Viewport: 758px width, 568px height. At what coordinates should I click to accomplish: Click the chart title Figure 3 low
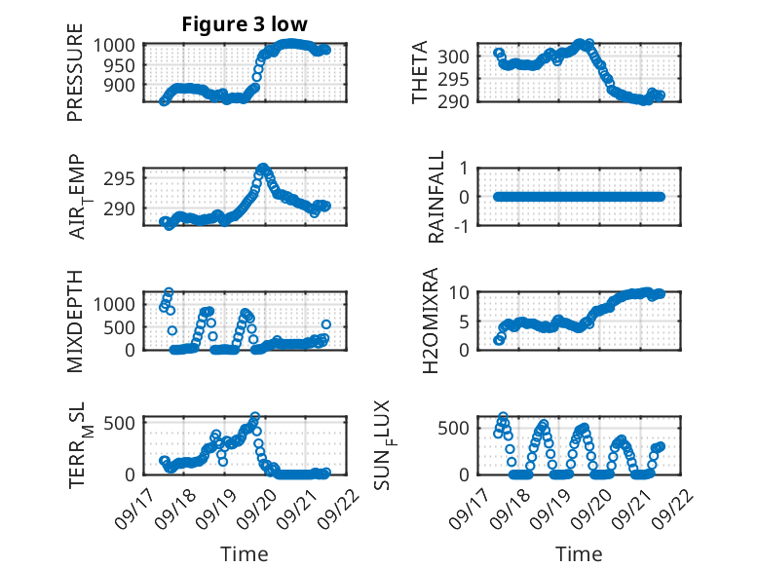point(246,24)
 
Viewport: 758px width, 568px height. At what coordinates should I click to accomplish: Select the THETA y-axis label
point(420,73)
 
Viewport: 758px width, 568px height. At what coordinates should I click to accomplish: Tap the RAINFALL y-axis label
point(437,197)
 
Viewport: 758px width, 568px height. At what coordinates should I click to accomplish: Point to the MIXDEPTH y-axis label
point(75,322)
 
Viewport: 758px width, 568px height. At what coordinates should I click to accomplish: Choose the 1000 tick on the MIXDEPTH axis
point(119,303)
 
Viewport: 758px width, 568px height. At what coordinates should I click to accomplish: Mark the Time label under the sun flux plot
point(579,554)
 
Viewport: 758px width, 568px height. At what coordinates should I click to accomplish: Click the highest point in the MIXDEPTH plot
point(169,291)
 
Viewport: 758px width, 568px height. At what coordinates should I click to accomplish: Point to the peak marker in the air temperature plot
point(264,169)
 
